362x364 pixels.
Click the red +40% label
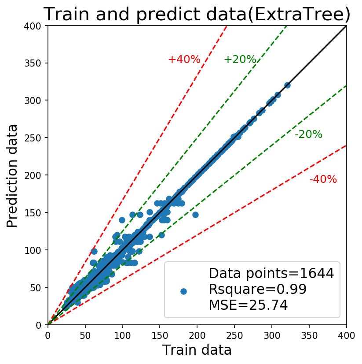(184, 59)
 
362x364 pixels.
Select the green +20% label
(240, 59)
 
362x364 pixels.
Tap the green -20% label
(308, 134)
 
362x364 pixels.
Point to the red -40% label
(323, 179)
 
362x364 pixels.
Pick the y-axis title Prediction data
(12, 176)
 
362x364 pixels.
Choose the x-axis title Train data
(197, 349)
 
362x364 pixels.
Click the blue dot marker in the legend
(183, 292)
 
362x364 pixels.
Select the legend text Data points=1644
(271, 274)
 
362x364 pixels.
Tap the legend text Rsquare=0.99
(258, 289)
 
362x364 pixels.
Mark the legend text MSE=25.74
(248, 305)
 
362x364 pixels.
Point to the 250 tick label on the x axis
(234, 336)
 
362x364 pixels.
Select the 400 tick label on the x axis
(346, 336)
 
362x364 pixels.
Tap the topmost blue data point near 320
(287, 85)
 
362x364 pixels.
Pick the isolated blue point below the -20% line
(195, 215)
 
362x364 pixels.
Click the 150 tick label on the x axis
(160, 336)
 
